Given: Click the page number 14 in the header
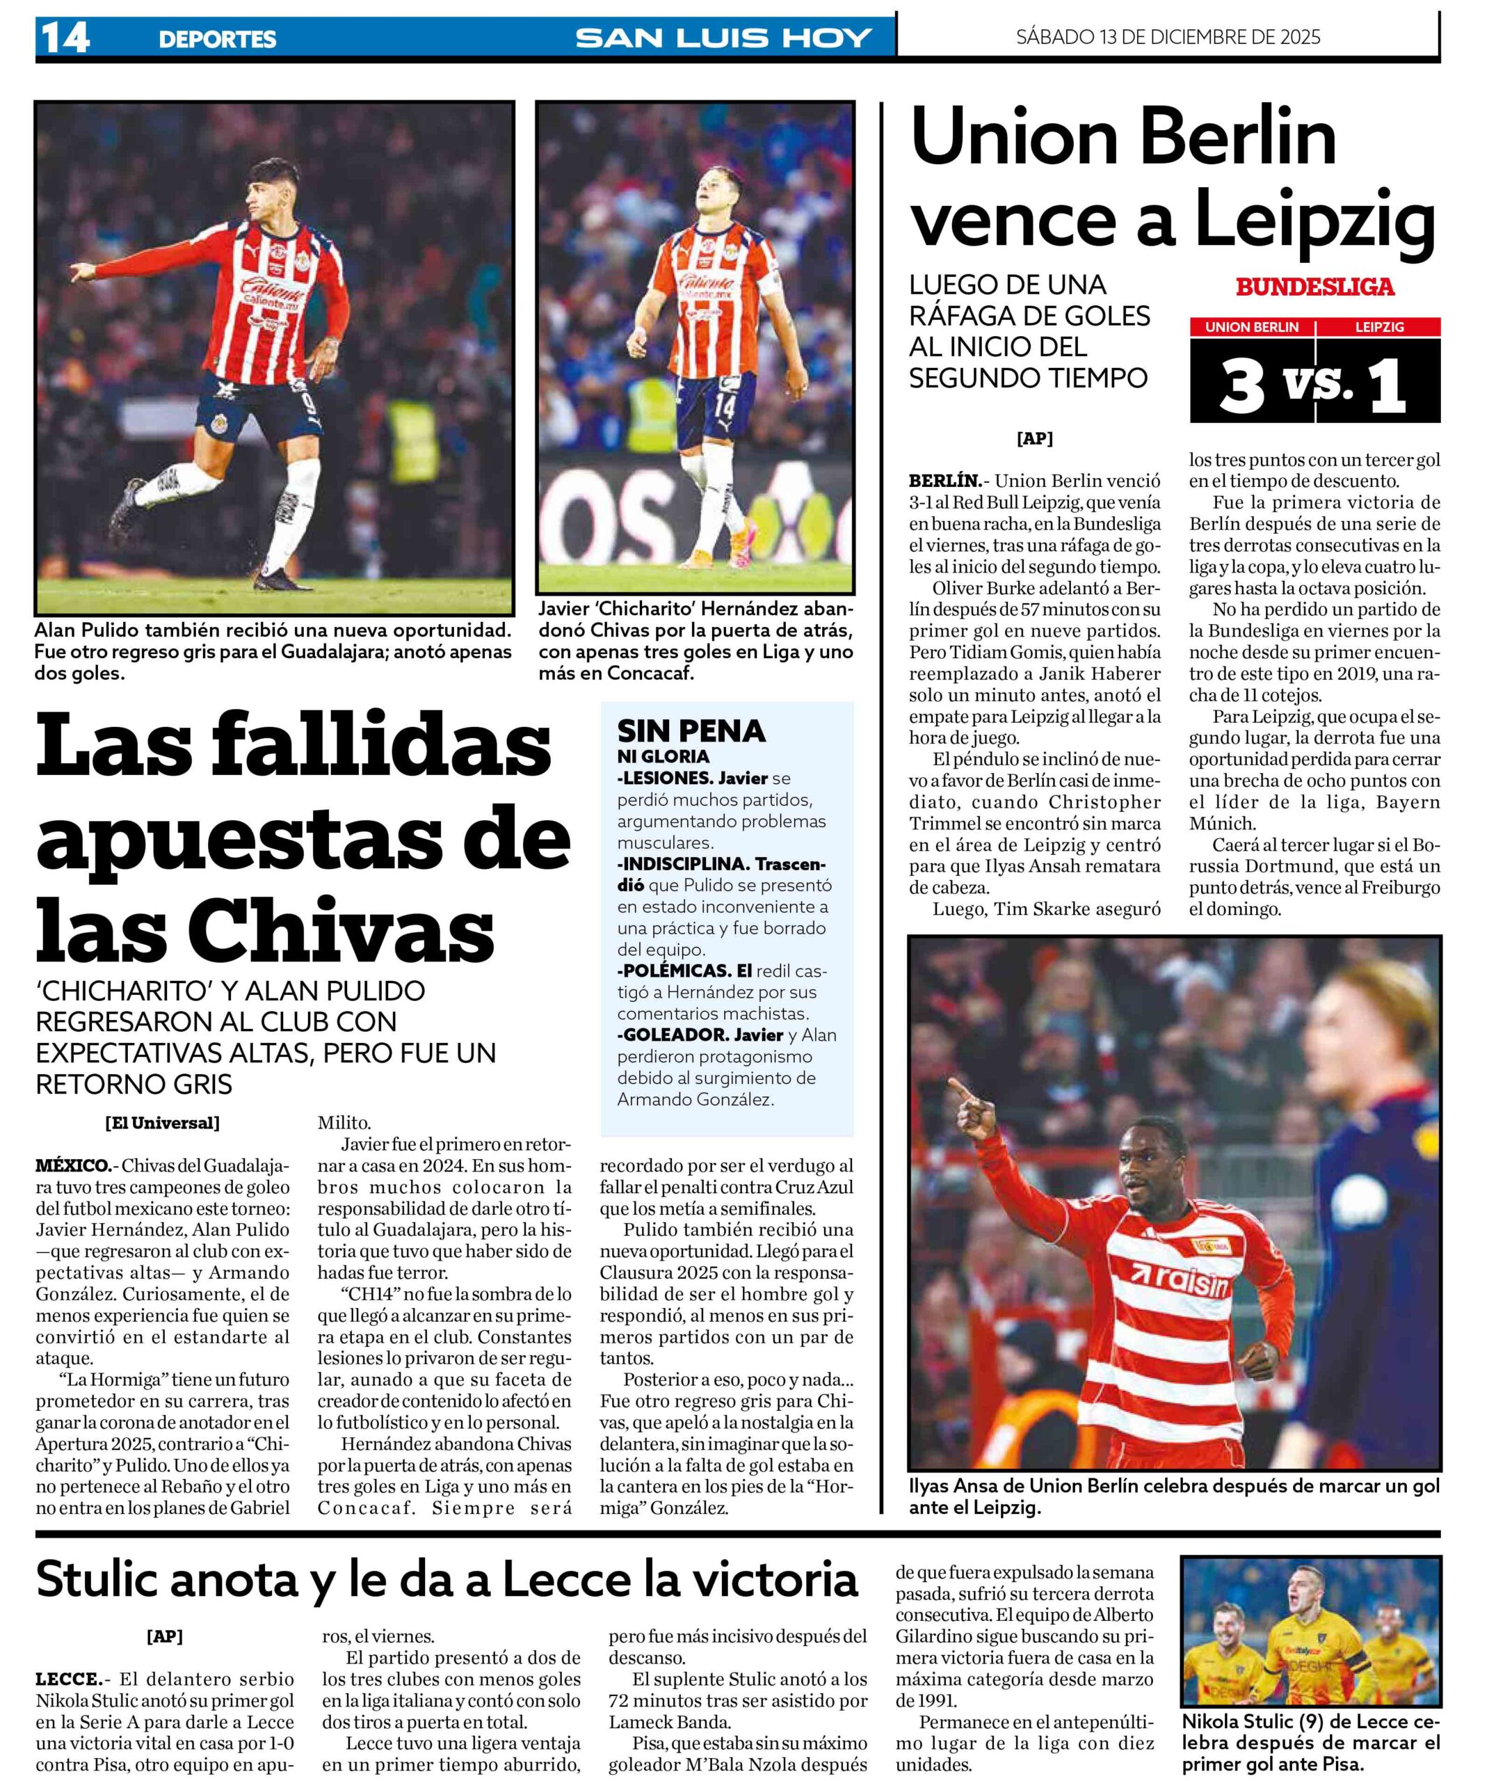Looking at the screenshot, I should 65,38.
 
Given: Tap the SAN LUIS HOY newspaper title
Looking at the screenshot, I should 723,38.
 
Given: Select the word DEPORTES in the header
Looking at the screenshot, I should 217,39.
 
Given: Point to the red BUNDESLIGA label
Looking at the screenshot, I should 1314,287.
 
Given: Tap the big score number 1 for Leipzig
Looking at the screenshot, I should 1387,386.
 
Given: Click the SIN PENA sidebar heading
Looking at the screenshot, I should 691,731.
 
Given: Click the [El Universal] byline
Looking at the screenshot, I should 162,1123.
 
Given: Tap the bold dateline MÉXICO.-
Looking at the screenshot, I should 73,1165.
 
